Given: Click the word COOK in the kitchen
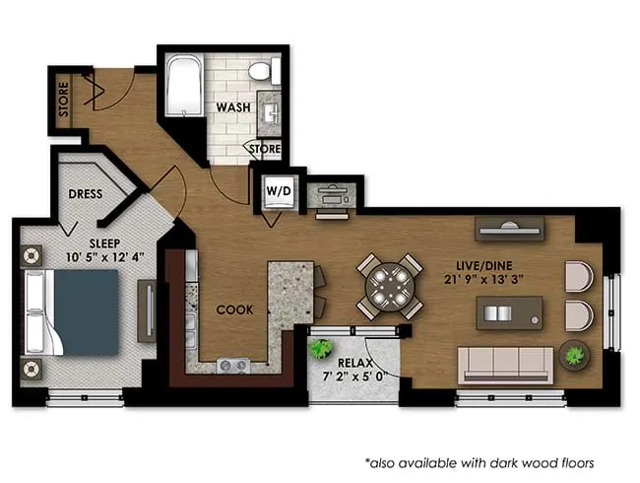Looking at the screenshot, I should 235,310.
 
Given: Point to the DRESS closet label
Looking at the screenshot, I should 87,194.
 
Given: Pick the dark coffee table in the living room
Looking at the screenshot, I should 506,314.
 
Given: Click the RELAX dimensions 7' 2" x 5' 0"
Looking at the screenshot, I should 355,376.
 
